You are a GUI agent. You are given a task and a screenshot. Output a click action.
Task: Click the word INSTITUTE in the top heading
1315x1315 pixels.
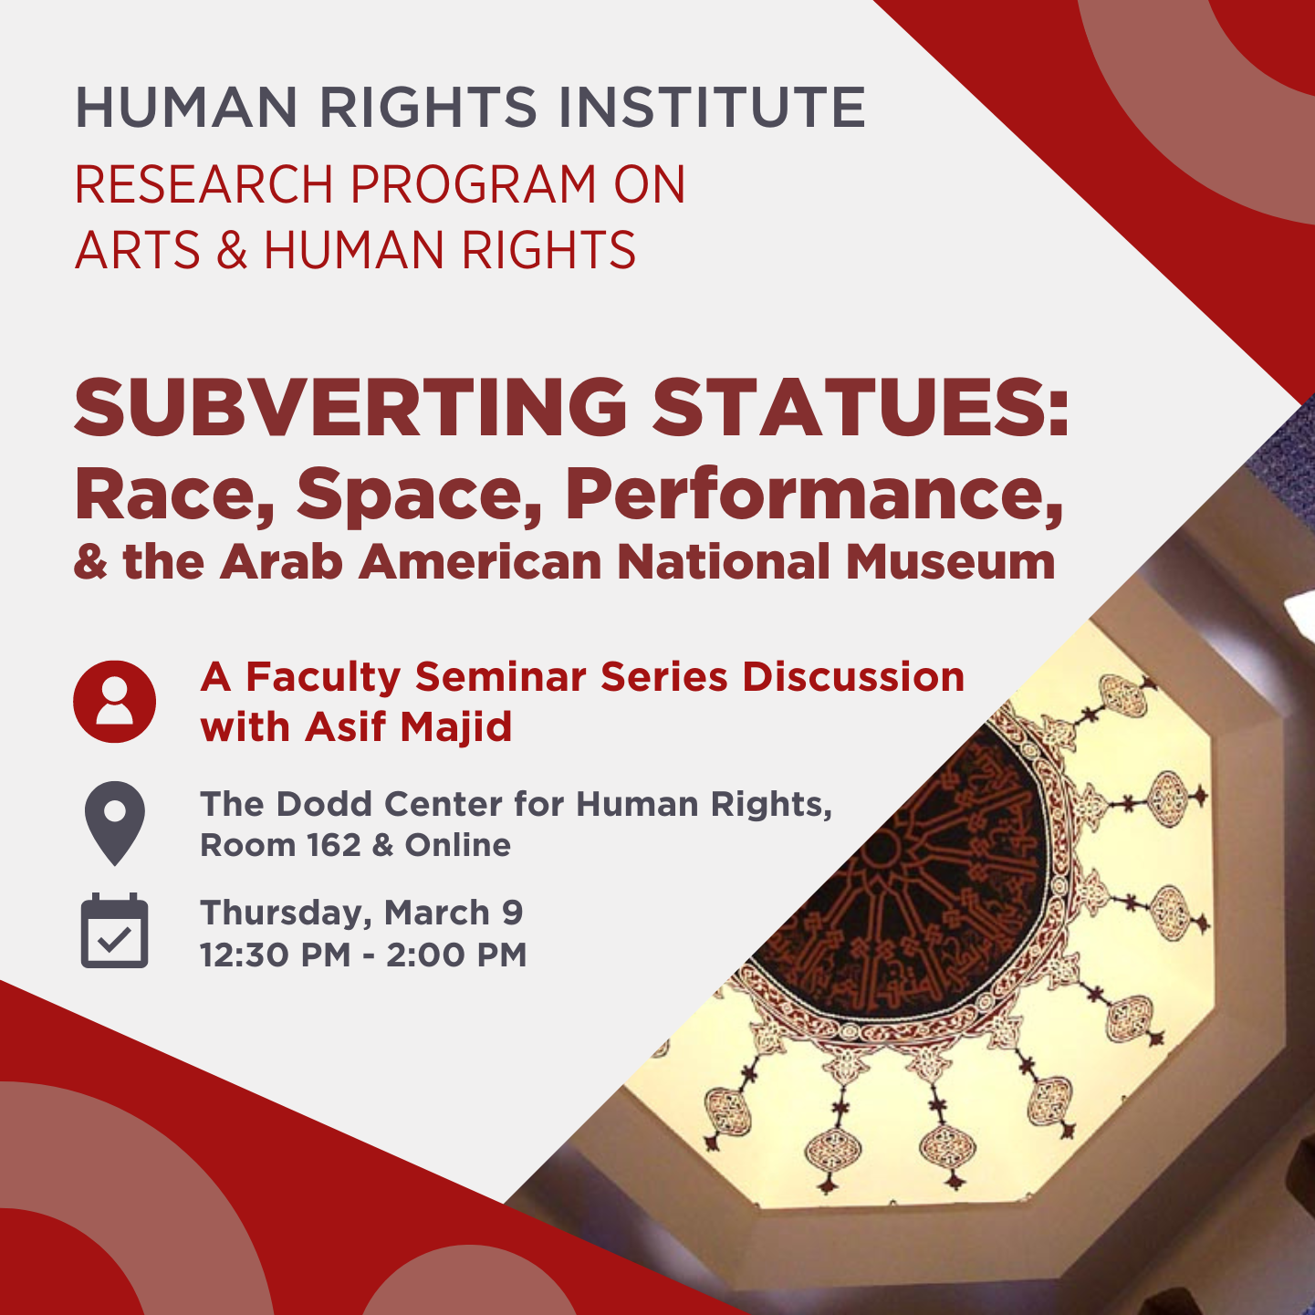[x=712, y=107]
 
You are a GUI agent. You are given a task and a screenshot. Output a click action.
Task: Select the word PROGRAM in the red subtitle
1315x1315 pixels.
[x=473, y=184]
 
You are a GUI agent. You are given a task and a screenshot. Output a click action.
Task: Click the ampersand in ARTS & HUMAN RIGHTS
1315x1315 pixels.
[x=232, y=250]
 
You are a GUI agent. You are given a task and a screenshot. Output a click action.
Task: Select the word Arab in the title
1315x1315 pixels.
[x=281, y=561]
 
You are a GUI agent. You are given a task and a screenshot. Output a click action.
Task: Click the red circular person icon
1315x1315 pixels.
[x=115, y=702]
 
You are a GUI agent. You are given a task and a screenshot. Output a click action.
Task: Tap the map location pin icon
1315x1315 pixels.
[x=115, y=822]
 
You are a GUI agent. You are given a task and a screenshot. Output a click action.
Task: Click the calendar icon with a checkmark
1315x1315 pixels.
[x=115, y=931]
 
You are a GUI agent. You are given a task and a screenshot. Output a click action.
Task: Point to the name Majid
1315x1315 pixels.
[x=456, y=727]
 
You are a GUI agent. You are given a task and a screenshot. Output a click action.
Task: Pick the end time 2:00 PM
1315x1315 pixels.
[x=456, y=955]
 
